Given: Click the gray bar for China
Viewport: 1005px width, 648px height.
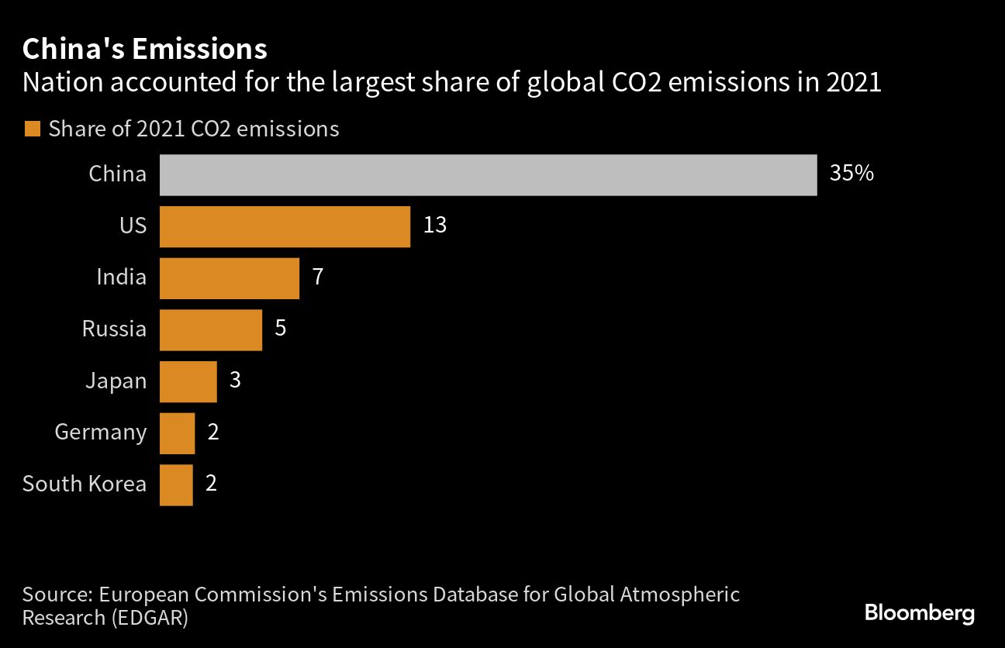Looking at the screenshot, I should (x=488, y=174).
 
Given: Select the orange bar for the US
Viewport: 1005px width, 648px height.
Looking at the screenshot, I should (x=285, y=226).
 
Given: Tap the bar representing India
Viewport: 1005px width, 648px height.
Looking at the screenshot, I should (x=229, y=278).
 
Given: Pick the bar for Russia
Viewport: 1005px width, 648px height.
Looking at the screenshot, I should (x=210, y=329).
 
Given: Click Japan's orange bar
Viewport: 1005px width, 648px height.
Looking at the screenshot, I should (x=188, y=381).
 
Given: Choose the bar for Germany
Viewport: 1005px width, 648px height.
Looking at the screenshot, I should (x=177, y=433).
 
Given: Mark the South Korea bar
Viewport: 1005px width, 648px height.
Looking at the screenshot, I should (x=176, y=484).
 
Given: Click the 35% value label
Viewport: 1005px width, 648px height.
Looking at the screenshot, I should (x=851, y=174).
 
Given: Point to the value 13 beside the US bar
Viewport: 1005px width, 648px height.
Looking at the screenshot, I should (x=435, y=226).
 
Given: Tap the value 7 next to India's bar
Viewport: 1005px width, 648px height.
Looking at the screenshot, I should (x=317, y=277).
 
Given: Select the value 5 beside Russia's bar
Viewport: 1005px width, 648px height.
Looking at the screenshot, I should (x=281, y=329).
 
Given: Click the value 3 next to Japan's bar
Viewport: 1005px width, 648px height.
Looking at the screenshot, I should (x=236, y=381).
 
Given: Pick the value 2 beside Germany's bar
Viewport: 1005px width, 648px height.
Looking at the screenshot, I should (x=213, y=432).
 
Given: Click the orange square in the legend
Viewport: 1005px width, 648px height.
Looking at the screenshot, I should (x=32, y=129).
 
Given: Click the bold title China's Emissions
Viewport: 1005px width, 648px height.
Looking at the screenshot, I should (x=145, y=50).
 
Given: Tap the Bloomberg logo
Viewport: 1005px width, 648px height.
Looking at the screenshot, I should (x=919, y=614).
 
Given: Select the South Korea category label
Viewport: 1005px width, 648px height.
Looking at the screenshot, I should (x=85, y=484).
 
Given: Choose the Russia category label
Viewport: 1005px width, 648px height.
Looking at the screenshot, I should (x=114, y=329).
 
